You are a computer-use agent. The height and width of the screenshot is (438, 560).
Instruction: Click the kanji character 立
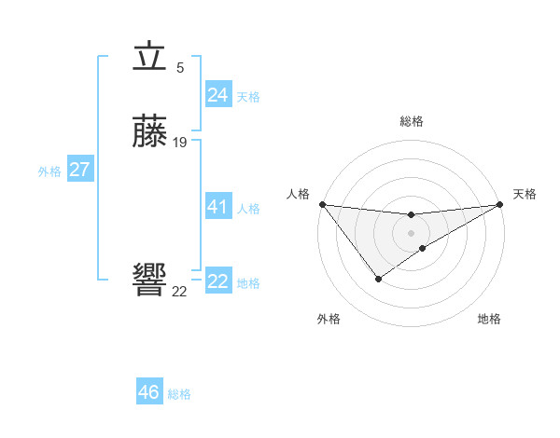[149, 58]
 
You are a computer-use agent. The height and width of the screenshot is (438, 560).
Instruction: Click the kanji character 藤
[149, 131]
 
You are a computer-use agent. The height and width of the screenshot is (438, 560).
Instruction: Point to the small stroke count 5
[180, 67]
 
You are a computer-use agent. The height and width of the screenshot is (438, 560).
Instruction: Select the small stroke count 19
[180, 142]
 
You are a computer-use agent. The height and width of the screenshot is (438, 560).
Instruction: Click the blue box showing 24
[217, 95]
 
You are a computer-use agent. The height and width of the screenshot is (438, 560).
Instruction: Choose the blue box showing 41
[217, 207]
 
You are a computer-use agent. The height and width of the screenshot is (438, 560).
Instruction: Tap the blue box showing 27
[79, 170]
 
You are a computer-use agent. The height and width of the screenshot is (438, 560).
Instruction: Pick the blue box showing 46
[148, 392]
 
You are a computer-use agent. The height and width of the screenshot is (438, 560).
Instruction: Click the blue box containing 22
[217, 281]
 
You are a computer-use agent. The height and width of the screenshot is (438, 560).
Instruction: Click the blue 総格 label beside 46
[179, 394]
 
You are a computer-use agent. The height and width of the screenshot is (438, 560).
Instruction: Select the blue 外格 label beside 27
[49, 171]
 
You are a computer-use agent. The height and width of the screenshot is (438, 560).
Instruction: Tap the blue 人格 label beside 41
[248, 209]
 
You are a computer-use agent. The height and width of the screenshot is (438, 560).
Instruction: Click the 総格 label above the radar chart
[412, 121]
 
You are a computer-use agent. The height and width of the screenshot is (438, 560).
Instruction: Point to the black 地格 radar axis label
[489, 319]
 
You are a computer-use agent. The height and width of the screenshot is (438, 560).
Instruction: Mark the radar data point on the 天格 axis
[500, 204]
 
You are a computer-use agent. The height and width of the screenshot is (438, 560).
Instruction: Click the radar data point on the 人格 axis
[322, 204]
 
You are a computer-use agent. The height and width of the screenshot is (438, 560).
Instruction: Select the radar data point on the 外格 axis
[378, 279]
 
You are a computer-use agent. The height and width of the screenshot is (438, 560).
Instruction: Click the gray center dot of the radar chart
[412, 232]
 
